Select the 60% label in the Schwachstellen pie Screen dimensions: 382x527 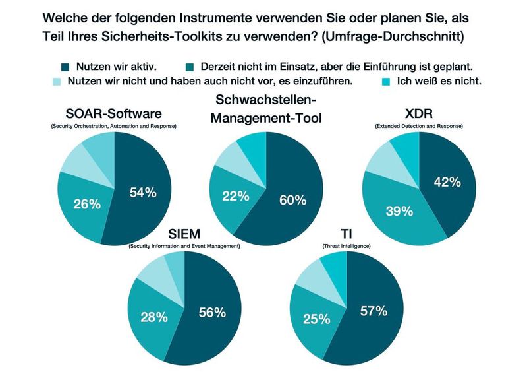point(292,200)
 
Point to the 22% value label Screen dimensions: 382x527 point(236,195)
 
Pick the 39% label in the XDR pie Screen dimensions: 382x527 point(399,211)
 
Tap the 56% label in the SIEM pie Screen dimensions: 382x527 point(212,313)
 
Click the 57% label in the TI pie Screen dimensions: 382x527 point(372,311)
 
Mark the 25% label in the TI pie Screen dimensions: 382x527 point(316,319)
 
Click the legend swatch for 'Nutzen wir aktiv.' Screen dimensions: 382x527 point(65,66)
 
